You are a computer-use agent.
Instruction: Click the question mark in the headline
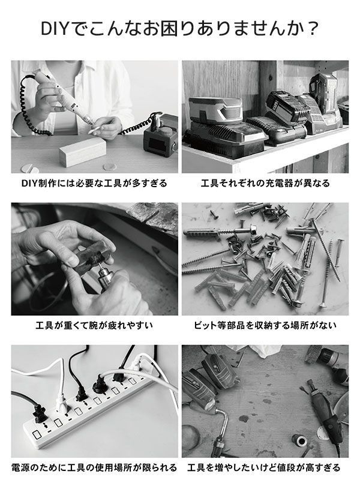pyautogui.click(x=312, y=29)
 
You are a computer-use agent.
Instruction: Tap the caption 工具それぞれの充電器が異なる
pyautogui.click(x=265, y=183)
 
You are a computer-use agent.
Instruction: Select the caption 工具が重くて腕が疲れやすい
pyautogui.click(x=94, y=325)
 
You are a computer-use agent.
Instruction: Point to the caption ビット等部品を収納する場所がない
pyautogui.click(x=265, y=325)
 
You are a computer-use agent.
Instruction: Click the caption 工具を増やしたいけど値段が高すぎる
pyautogui.click(x=264, y=467)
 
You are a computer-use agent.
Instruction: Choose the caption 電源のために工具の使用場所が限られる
pyautogui.click(x=94, y=467)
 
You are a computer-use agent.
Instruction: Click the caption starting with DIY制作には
pyautogui.click(x=94, y=183)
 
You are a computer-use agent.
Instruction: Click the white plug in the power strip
pyautogui.click(x=61, y=400)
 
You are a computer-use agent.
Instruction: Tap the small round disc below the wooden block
pyautogui.click(x=110, y=167)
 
